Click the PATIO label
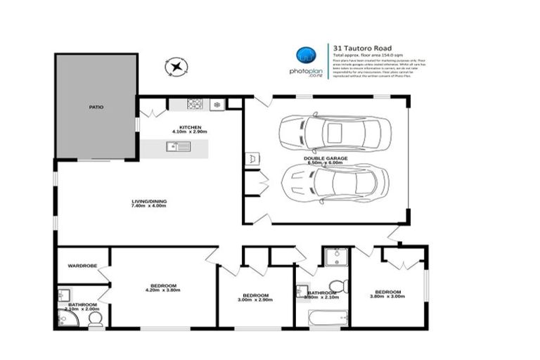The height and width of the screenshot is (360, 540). pos(96,107)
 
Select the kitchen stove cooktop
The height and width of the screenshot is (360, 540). pos(195,105)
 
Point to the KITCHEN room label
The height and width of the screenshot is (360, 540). pos(191,127)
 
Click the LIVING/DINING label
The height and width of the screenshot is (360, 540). pos(149,202)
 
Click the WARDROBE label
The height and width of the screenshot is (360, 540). pos(82,266)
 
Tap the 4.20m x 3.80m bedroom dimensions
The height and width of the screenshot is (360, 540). pos(163,290)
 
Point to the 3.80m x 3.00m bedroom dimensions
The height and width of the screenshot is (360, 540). pos(387,297)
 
